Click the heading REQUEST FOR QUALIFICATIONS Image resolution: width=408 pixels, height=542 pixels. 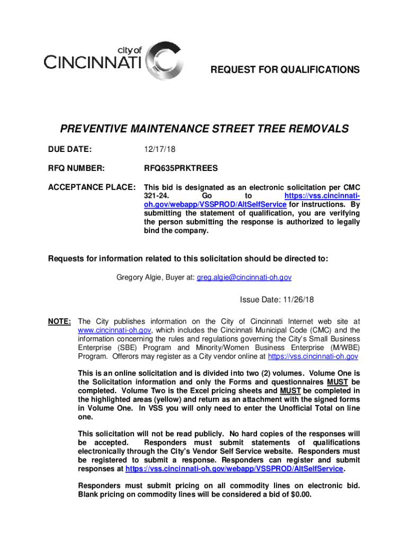click(x=285, y=70)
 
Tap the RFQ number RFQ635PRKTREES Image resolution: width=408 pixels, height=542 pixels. click(x=173, y=169)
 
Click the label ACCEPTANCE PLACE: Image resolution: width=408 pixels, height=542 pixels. click(x=92, y=187)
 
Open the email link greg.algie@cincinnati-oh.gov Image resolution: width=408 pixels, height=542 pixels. click(x=244, y=277)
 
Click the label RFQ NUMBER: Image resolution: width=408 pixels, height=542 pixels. click(x=76, y=169)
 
